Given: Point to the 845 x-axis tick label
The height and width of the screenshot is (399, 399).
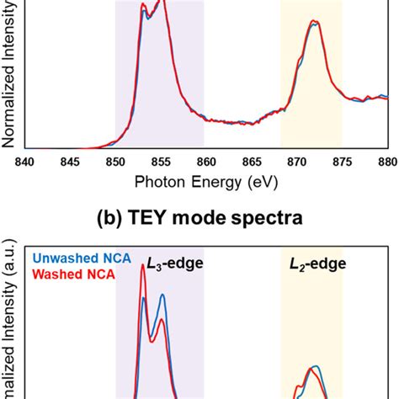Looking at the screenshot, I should click(70, 162).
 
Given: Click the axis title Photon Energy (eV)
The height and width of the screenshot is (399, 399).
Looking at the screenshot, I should click(205, 181).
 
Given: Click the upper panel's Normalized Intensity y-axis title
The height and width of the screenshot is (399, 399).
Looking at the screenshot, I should click(8, 76).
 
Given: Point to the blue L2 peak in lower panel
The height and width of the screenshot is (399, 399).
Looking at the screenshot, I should click(315, 368).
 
